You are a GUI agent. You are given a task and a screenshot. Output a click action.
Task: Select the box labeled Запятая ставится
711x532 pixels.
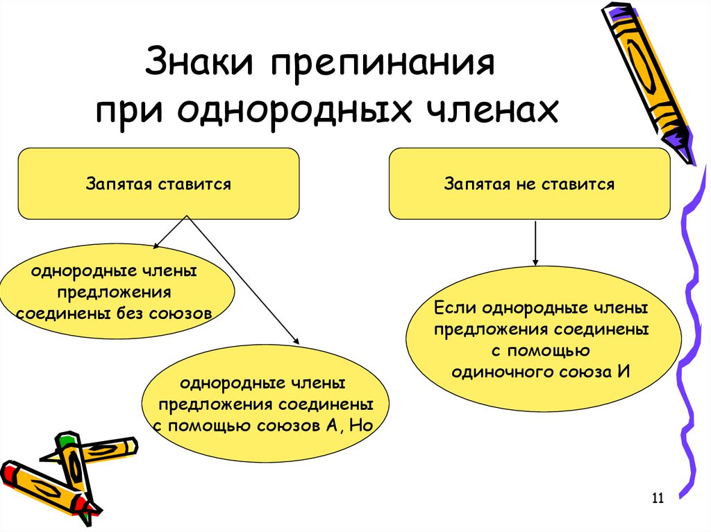click(158, 184)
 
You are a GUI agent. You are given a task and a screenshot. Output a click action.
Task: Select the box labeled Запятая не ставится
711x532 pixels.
click(529, 184)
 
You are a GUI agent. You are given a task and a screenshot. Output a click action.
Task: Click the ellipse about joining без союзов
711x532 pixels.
click(115, 291)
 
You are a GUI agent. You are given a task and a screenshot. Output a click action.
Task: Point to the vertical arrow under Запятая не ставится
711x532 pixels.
click(535, 242)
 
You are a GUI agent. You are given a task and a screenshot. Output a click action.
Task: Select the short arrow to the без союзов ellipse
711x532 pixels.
click(170, 231)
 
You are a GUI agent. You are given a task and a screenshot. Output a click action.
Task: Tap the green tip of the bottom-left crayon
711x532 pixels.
click(66, 440)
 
